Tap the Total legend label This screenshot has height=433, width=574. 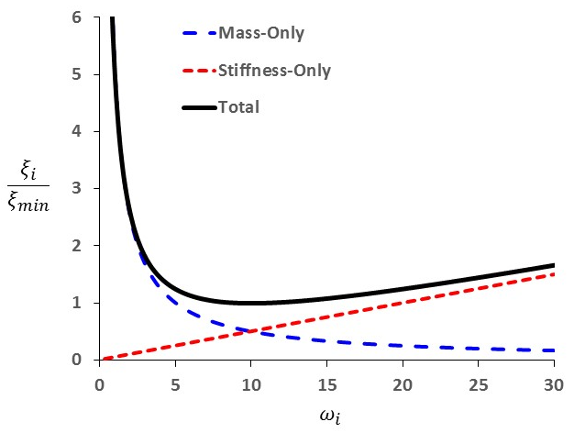coord(239,107)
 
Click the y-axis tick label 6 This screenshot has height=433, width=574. coord(78,17)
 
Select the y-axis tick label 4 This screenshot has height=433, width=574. coord(78,131)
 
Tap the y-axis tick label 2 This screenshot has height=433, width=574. coord(78,246)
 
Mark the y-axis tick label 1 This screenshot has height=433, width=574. coord(78,303)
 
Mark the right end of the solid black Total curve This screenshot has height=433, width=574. coord(554,265)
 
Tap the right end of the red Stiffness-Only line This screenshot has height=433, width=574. coord(554,274)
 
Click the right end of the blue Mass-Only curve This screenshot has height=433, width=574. coord(554,350)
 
